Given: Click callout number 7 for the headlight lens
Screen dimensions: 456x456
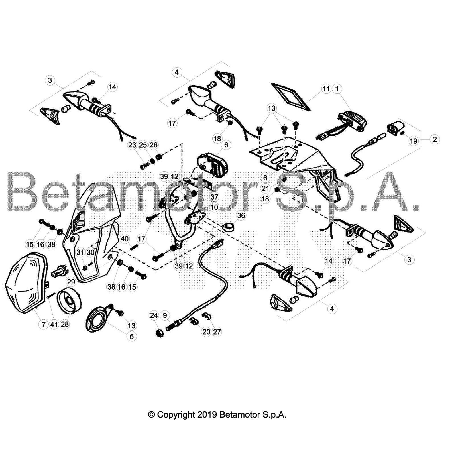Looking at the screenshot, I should [x=43, y=324].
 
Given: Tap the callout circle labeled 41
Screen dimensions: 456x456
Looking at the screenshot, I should [x=54, y=324].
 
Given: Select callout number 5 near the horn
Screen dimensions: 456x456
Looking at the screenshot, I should [x=131, y=336].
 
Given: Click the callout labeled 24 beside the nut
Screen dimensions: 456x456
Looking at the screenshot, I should [x=154, y=315].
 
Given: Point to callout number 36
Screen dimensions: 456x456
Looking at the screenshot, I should [x=241, y=215].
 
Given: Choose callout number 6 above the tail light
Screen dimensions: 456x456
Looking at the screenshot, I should [x=226, y=145].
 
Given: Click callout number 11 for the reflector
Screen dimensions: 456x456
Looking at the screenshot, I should [x=326, y=89].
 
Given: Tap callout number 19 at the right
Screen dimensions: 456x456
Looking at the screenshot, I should [x=413, y=141].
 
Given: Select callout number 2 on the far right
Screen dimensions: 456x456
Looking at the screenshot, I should [x=435, y=139].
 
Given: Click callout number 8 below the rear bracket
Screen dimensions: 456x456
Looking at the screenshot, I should [x=265, y=178].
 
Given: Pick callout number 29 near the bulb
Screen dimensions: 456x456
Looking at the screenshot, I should [x=71, y=282].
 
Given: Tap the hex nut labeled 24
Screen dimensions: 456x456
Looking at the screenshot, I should [x=160, y=333].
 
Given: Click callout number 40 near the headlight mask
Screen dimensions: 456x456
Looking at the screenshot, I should [x=125, y=239].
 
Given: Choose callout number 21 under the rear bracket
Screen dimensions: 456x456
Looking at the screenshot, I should [x=265, y=188].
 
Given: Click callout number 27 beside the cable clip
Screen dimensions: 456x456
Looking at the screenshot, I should [x=217, y=332].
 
